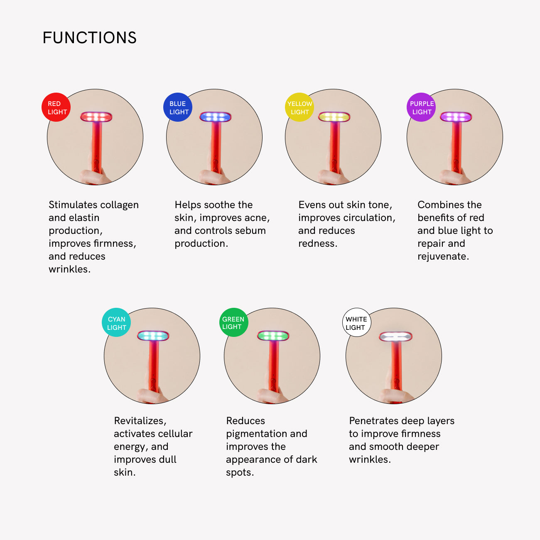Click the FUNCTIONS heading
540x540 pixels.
[90, 38]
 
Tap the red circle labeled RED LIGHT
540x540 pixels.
[56, 107]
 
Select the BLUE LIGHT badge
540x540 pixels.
[178, 107]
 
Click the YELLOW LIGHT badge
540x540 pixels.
[299, 107]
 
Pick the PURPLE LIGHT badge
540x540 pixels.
[421, 107]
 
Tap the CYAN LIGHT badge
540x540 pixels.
[116, 322]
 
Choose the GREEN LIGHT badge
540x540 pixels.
[234, 322]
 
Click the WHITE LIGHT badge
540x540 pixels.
[357, 322]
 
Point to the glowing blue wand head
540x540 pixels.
[215, 117]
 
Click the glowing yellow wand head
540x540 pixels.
[334, 117]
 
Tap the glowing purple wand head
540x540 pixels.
[456, 117]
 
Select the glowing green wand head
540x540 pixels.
[273, 336]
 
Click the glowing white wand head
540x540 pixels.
[396, 336]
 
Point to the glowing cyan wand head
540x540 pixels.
[153, 336]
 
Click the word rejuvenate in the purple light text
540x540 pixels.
[443, 257]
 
